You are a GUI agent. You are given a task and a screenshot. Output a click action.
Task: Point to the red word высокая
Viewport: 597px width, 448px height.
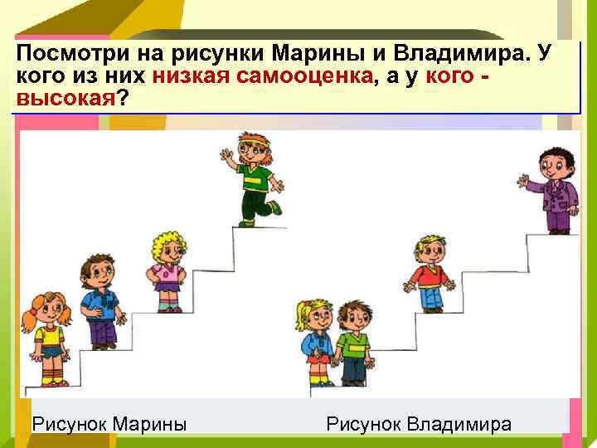point(63,99)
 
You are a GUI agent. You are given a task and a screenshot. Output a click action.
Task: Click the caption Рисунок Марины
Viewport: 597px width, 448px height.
point(108,425)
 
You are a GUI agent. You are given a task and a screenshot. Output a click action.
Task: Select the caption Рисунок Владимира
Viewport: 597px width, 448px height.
point(419,425)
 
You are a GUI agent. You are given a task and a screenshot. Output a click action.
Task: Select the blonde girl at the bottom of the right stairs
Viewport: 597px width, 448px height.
point(316,340)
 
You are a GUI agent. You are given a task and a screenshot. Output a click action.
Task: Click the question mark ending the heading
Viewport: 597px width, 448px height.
point(124,99)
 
